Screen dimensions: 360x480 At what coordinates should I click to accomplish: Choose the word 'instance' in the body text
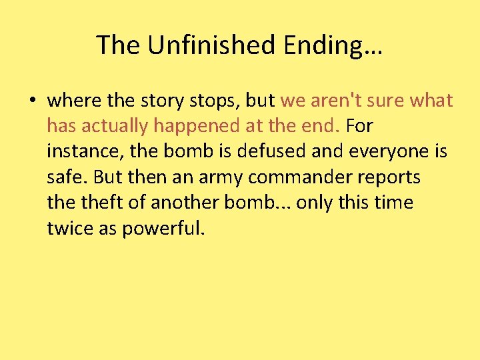click(x=84, y=151)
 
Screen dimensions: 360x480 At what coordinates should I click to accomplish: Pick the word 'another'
click(x=186, y=202)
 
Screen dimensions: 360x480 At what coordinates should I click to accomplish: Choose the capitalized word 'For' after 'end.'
click(x=360, y=126)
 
